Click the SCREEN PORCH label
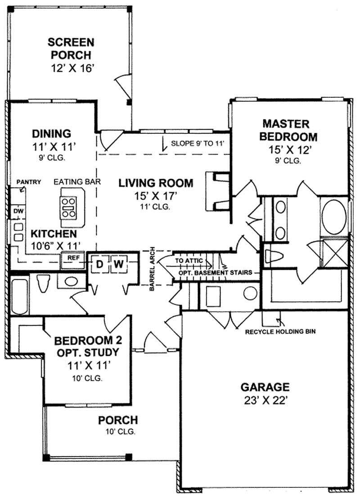pyautogui.click(x=71, y=49)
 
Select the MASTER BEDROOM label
pyautogui.click(x=290, y=130)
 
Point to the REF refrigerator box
pyautogui.click(x=73, y=259)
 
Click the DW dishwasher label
pyautogui.click(x=18, y=210)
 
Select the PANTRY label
pyautogui.click(x=29, y=182)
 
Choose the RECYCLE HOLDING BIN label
pyautogui.click(x=280, y=332)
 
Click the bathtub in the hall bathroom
pyautogui.click(x=19, y=297)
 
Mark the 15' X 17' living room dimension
pyautogui.click(x=156, y=196)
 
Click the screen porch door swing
pyautogui.click(x=123, y=86)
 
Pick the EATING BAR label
pyautogui.click(x=77, y=182)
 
